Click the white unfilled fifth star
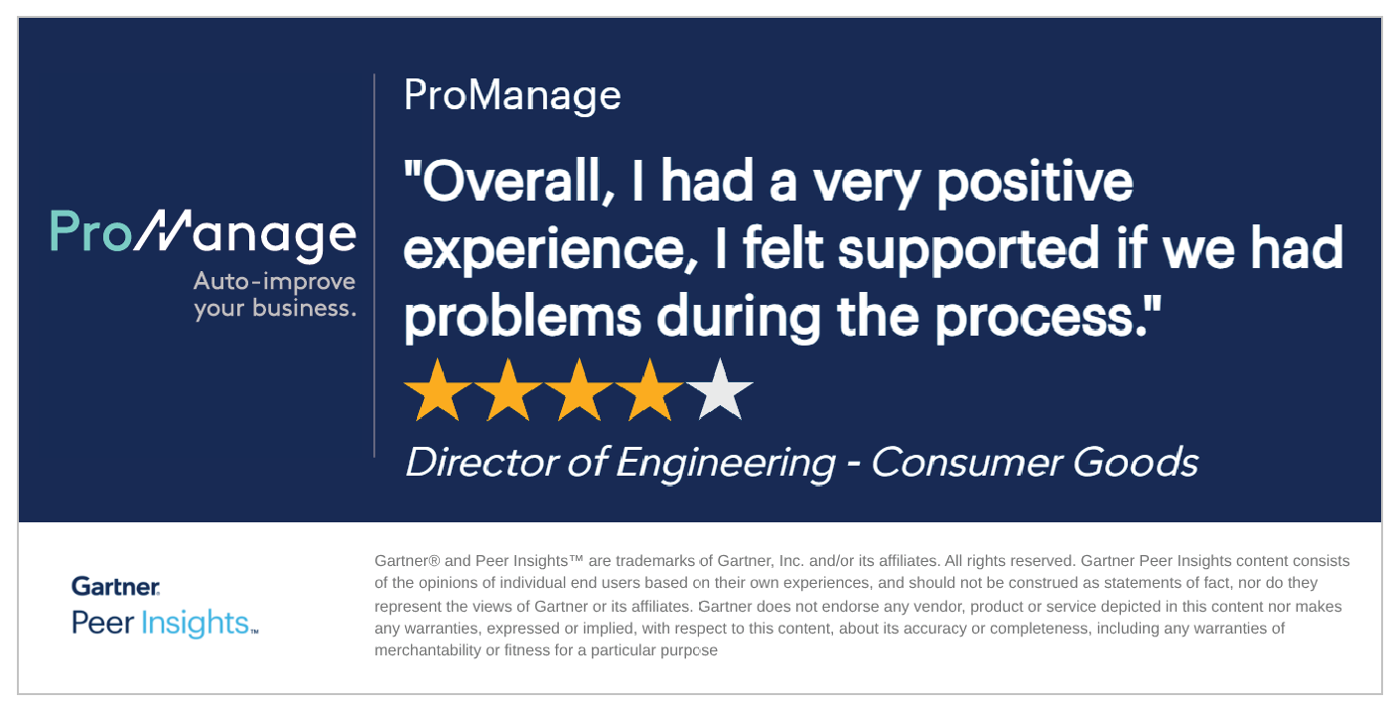click(720, 390)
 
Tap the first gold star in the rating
click(438, 390)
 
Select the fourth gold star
click(649, 390)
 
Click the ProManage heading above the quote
click(512, 95)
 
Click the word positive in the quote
click(1035, 185)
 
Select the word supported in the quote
click(968, 251)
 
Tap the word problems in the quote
click(522, 319)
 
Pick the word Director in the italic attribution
click(482, 463)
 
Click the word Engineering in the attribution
click(726, 464)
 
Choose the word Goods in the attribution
click(1136, 463)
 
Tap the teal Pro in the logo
click(90, 231)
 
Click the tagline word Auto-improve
click(274, 282)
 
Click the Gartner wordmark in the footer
click(115, 586)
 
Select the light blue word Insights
click(195, 624)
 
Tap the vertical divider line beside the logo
click(374, 265)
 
